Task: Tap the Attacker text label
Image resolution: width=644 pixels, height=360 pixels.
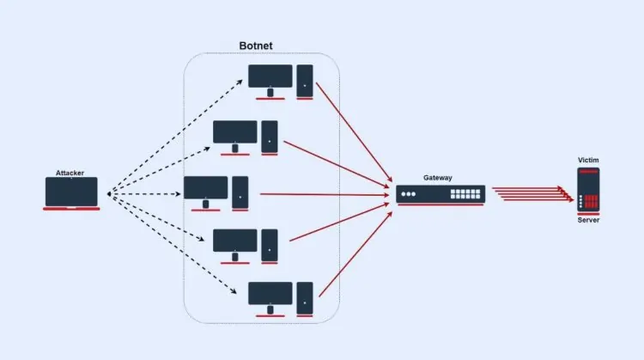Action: (x=70, y=173)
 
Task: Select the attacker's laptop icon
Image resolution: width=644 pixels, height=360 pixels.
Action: (x=72, y=192)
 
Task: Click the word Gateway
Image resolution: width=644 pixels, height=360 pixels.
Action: (x=438, y=178)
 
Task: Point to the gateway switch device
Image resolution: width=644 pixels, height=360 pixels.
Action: (x=440, y=193)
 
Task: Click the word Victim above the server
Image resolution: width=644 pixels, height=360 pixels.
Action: (x=588, y=161)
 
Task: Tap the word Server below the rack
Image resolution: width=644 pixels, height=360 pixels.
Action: (x=588, y=221)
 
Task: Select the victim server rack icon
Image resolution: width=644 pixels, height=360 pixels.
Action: (x=588, y=190)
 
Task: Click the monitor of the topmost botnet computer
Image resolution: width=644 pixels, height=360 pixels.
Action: (x=270, y=76)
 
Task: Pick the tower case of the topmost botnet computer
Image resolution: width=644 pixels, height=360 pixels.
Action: (x=305, y=79)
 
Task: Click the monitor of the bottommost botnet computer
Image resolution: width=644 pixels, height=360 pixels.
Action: (x=270, y=294)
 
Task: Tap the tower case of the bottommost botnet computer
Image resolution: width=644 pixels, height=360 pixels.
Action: (x=305, y=296)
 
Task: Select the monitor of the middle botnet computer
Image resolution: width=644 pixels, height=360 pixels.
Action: (x=205, y=187)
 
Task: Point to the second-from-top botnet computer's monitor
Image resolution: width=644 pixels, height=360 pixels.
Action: (x=235, y=132)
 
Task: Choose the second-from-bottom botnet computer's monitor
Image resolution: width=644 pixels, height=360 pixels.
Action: (x=235, y=241)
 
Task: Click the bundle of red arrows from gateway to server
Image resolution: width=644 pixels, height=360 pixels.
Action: (x=532, y=194)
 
